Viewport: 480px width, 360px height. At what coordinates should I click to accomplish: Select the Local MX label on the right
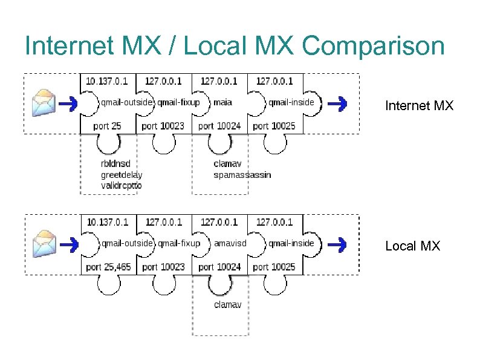[x=413, y=246]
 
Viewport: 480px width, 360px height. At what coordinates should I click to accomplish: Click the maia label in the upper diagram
[x=222, y=102]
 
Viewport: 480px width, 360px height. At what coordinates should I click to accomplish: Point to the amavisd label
[x=230, y=243]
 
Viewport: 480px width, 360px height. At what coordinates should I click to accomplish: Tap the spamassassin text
[x=242, y=175]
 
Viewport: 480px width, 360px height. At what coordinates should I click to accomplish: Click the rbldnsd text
[x=115, y=163]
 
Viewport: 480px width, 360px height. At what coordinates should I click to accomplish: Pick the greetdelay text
[x=121, y=175]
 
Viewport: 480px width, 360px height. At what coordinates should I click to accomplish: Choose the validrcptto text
[x=121, y=186]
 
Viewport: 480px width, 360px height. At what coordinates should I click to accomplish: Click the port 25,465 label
[x=108, y=267]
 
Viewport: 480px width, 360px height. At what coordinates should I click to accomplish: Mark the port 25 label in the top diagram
[x=108, y=126]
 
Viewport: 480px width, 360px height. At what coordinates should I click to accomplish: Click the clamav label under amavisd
[x=227, y=304]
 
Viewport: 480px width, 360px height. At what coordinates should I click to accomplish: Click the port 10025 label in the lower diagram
[x=274, y=267]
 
